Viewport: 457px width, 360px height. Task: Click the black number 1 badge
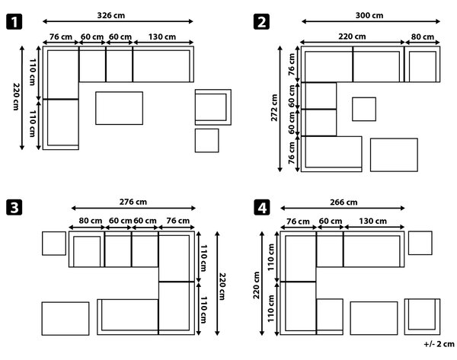pos(14,22)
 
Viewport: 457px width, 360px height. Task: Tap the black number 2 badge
pos(261,22)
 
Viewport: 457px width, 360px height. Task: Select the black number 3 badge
pos(14,208)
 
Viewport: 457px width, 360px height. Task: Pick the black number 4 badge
pos(262,208)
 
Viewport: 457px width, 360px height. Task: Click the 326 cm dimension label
pos(110,15)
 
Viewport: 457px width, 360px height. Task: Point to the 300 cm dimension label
pos(369,15)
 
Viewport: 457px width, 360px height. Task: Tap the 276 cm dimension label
pos(133,202)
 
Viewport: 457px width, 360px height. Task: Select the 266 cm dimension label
pos(344,202)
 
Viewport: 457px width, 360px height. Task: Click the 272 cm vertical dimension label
pos(274,107)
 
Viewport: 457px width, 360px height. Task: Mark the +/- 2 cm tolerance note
pos(439,344)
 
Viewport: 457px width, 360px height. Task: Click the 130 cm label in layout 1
pos(162,37)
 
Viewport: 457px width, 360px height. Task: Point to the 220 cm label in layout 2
pos(352,37)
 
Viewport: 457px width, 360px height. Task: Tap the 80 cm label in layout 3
pos(91,221)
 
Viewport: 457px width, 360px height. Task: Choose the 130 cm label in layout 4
pos(372,221)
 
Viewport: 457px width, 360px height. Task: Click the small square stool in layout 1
pos(207,140)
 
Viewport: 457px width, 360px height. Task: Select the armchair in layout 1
pos(213,107)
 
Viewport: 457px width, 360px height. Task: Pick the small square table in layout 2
pos(364,110)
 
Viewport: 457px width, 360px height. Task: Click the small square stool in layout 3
pos(54,244)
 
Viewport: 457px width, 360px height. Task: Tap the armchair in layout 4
pos(422,317)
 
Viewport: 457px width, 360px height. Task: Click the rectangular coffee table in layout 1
pos(120,108)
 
